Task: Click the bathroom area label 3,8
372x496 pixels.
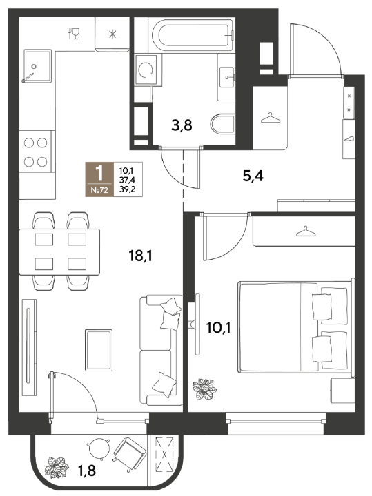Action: coord(182,125)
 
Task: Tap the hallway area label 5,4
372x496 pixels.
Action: coord(253,176)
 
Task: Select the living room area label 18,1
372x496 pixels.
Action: coord(140,256)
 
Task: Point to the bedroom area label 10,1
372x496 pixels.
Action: coord(219,328)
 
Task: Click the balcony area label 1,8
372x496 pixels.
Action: coord(87,471)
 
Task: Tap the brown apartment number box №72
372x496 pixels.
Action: coord(99,179)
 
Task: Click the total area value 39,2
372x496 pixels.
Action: coord(127,189)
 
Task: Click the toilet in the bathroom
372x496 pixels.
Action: coord(223,125)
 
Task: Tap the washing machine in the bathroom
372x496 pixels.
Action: coord(146,70)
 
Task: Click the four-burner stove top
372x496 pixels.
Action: coord(35,152)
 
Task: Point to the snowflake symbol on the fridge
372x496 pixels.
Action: coord(112,34)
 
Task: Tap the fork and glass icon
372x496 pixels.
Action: coord(74,33)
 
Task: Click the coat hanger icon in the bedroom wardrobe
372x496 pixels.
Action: coord(306,231)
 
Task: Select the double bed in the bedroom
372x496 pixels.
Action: coord(295,327)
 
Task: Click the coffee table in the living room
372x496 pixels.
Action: coord(99,350)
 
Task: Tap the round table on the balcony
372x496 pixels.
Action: coord(99,448)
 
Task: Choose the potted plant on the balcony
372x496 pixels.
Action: coord(57,466)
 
